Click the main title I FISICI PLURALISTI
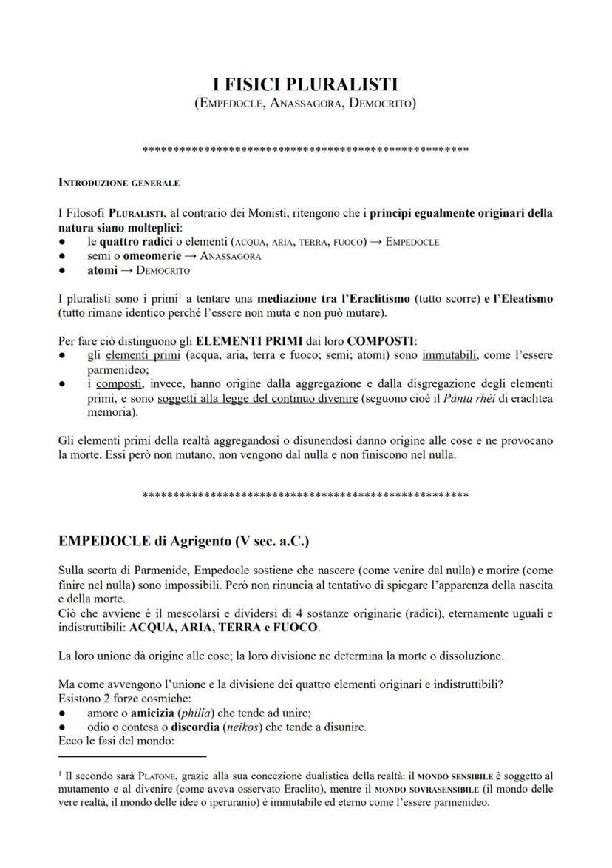305,85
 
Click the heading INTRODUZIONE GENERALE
118,182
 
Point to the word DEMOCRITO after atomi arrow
163,270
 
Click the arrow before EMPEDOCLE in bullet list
375,241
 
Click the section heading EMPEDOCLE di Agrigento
183,541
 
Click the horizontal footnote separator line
132,757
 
